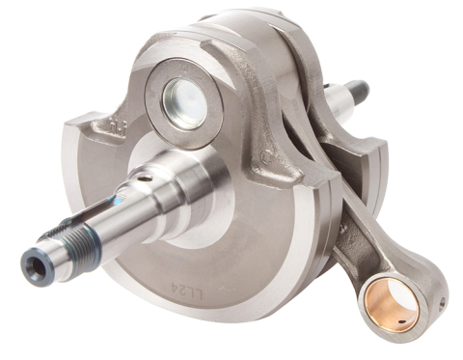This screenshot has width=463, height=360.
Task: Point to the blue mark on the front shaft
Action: click(x=113, y=203)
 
